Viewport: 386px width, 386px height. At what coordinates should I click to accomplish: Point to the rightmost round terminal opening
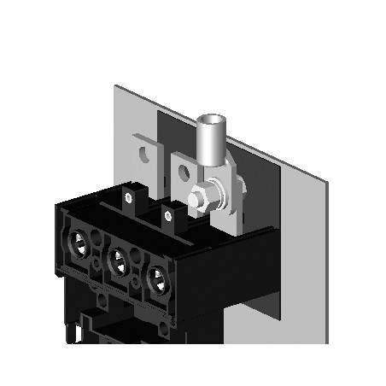(155, 276)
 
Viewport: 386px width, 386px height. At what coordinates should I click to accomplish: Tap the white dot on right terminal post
(168, 214)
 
